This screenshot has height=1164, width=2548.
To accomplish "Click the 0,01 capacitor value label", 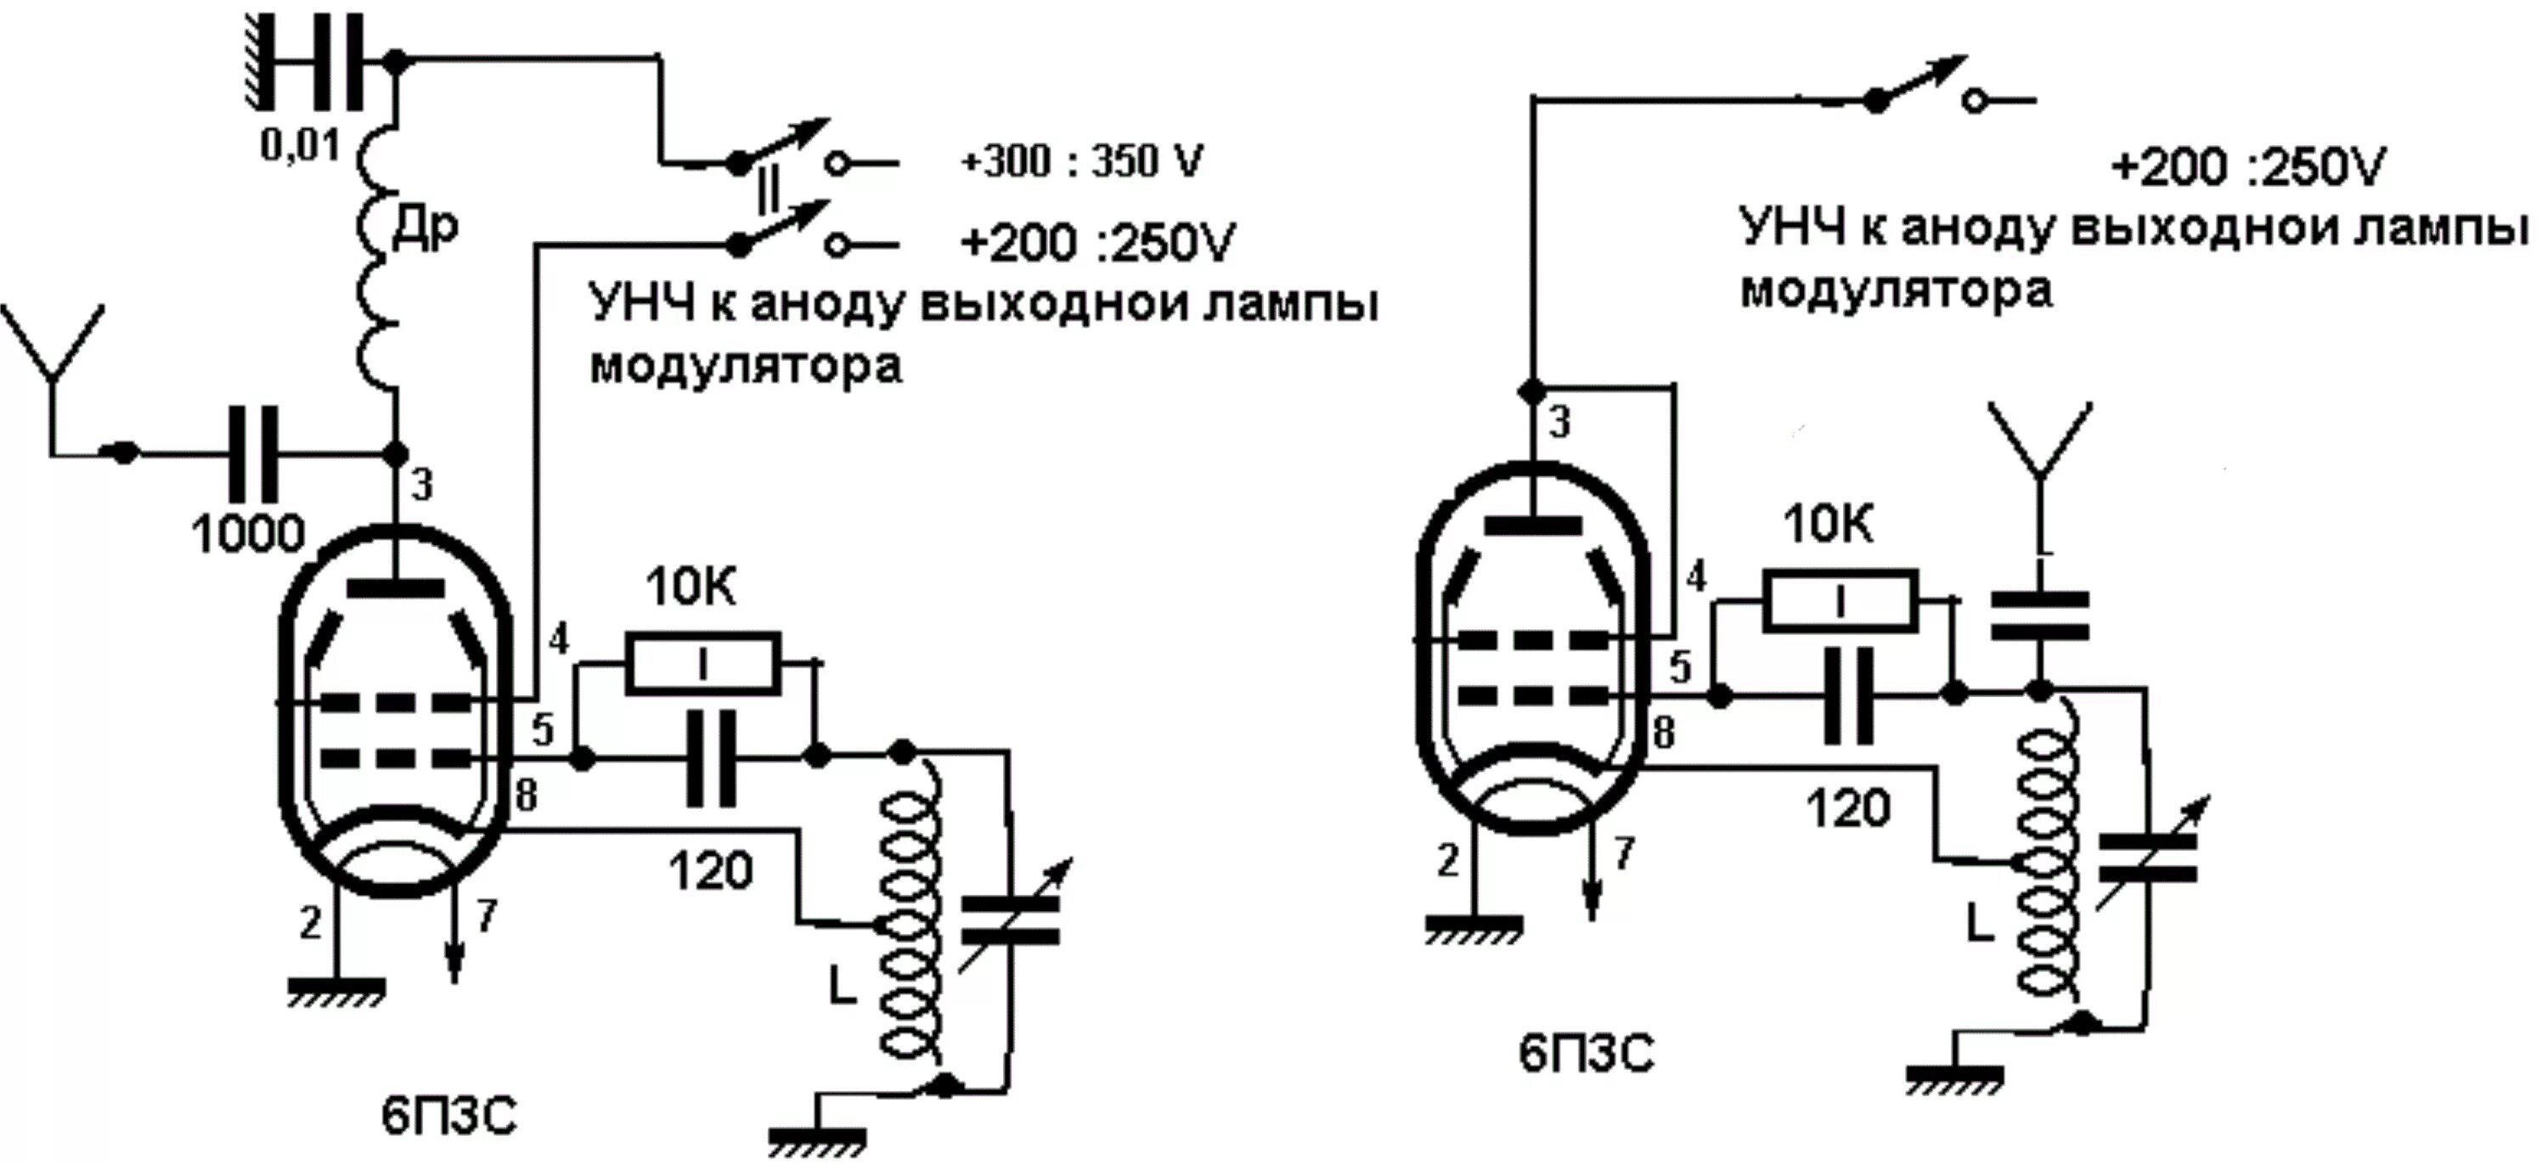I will click(300, 146).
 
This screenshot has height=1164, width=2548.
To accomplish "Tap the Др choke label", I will click(426, 229).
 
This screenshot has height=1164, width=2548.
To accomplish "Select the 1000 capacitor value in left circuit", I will click(248, 535).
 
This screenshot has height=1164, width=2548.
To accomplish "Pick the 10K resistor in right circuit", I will click(1840, 600).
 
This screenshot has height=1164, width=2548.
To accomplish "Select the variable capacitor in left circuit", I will click(1010, 919).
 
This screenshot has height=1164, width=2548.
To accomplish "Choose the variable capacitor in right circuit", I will click(2146, 857).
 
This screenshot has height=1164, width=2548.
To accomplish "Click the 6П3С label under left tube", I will click(449, 1117).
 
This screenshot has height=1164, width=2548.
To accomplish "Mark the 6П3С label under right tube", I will click(1587, 1054).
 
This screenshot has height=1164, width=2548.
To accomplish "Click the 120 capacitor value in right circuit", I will click(1847, 808).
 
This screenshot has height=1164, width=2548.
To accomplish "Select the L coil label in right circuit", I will click(1979, 925).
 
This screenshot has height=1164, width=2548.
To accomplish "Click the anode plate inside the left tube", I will click(396, 589).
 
